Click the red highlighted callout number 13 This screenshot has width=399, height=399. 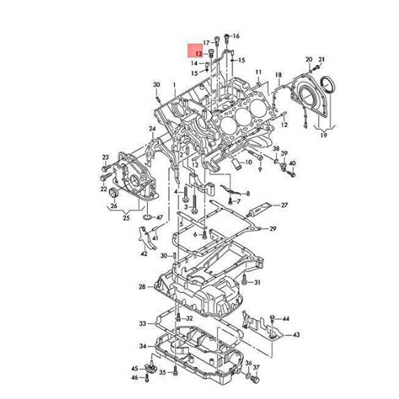pyautogui.click(x=199, y=54)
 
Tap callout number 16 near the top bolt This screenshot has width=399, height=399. pyautogui.click(x=236, y=36)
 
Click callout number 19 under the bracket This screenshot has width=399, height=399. pyautogui.click(x=323, y=135)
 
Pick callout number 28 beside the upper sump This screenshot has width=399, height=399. pyautogui.click(x=142, y=287)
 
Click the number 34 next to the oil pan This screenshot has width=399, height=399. pyautogui.click(x=143, y=346)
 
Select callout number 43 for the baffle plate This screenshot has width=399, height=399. pyautogui.click(x=296, y=335)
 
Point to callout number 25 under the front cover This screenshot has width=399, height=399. pyautogui.click(x=126, y=218)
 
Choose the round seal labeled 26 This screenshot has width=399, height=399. pyautogui.click(x=114, y=192)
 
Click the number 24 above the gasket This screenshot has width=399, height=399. pyautogui.click(x=153, y=129)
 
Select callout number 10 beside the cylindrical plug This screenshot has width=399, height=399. pyautogui.click(x=249, y=162)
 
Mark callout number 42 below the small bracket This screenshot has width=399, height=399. pyautogui.click(x=144, y=253)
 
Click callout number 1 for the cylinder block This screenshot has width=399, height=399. pyautogui.click(x=175, y=85)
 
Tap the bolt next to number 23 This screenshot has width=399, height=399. pyautogui.click(x=107, y=168)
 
